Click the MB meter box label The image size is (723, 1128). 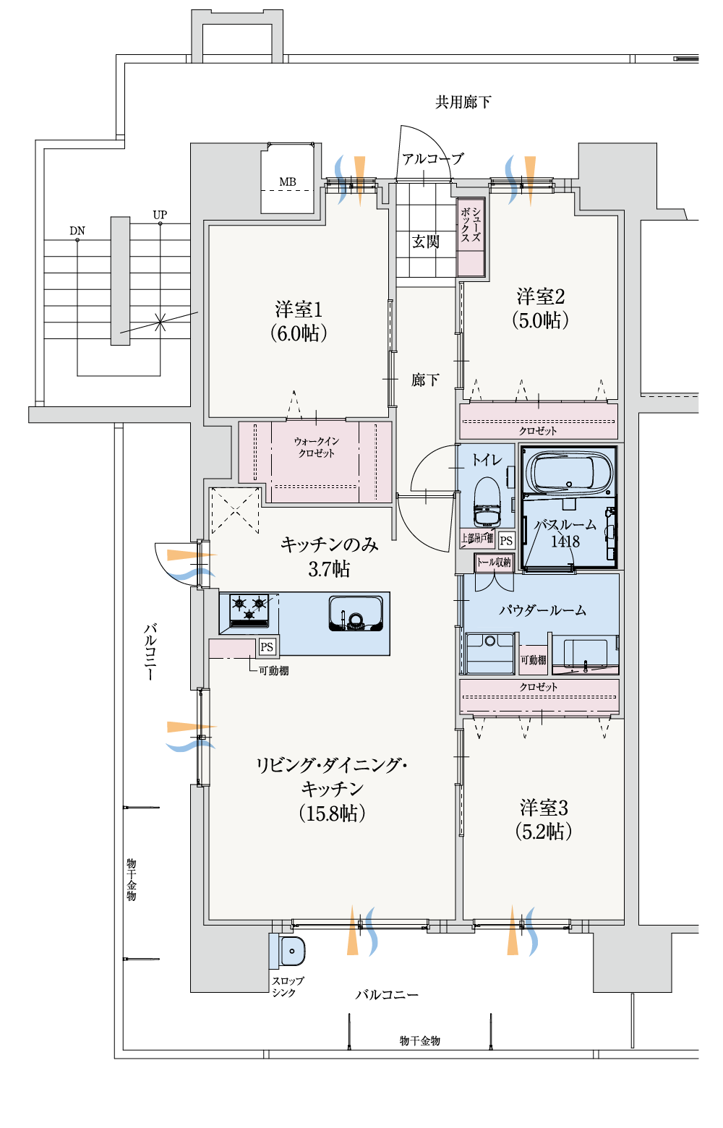pos(288,181)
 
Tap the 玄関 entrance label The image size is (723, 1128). pos(425,242)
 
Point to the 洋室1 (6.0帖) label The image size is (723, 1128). pos(299,321)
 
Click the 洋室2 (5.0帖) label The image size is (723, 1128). pos(540,308)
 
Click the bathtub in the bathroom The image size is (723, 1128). pos(568,472)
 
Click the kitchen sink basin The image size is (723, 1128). pos(356,613)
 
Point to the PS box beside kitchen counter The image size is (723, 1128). pos(267,646)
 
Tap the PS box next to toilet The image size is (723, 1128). pos(507,540)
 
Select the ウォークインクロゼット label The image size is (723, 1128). pos(316,447)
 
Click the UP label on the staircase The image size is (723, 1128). pos(160,215)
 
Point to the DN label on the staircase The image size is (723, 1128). pos(77,231)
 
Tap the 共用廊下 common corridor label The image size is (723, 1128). pos(463,102)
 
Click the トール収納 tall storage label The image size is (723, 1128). pos(493,563)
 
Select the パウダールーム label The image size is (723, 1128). pos(543,610)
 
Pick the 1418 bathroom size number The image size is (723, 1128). pos(565,542)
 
